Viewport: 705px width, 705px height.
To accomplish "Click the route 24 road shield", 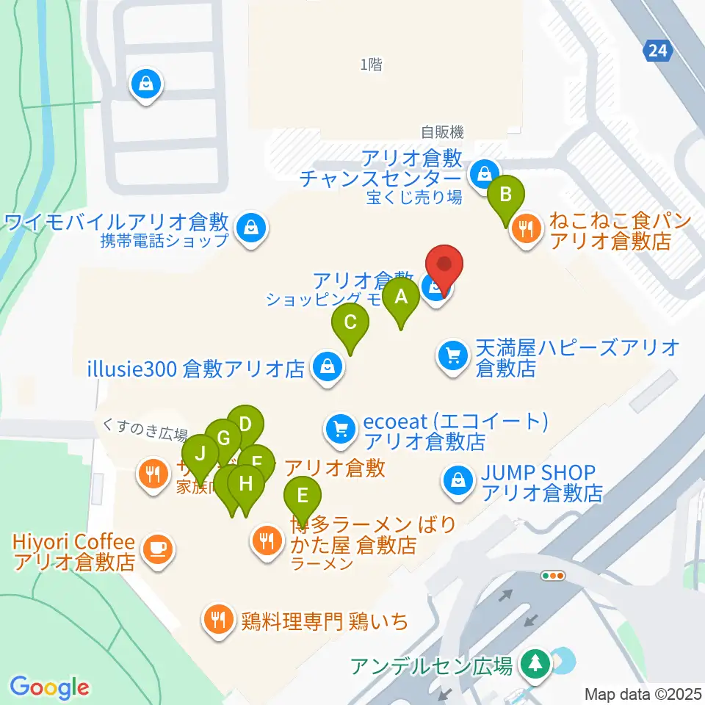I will (658, 50).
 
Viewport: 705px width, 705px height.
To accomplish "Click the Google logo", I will (49, 687).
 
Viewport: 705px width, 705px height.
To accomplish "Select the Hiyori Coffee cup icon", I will (156, 546).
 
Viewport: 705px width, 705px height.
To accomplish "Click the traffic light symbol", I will (553, 576).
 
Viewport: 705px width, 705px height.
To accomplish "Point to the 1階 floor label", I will (372, 65).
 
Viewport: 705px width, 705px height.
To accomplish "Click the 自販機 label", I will (442, 132).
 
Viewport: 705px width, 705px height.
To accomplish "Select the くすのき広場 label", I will (145, 433).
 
